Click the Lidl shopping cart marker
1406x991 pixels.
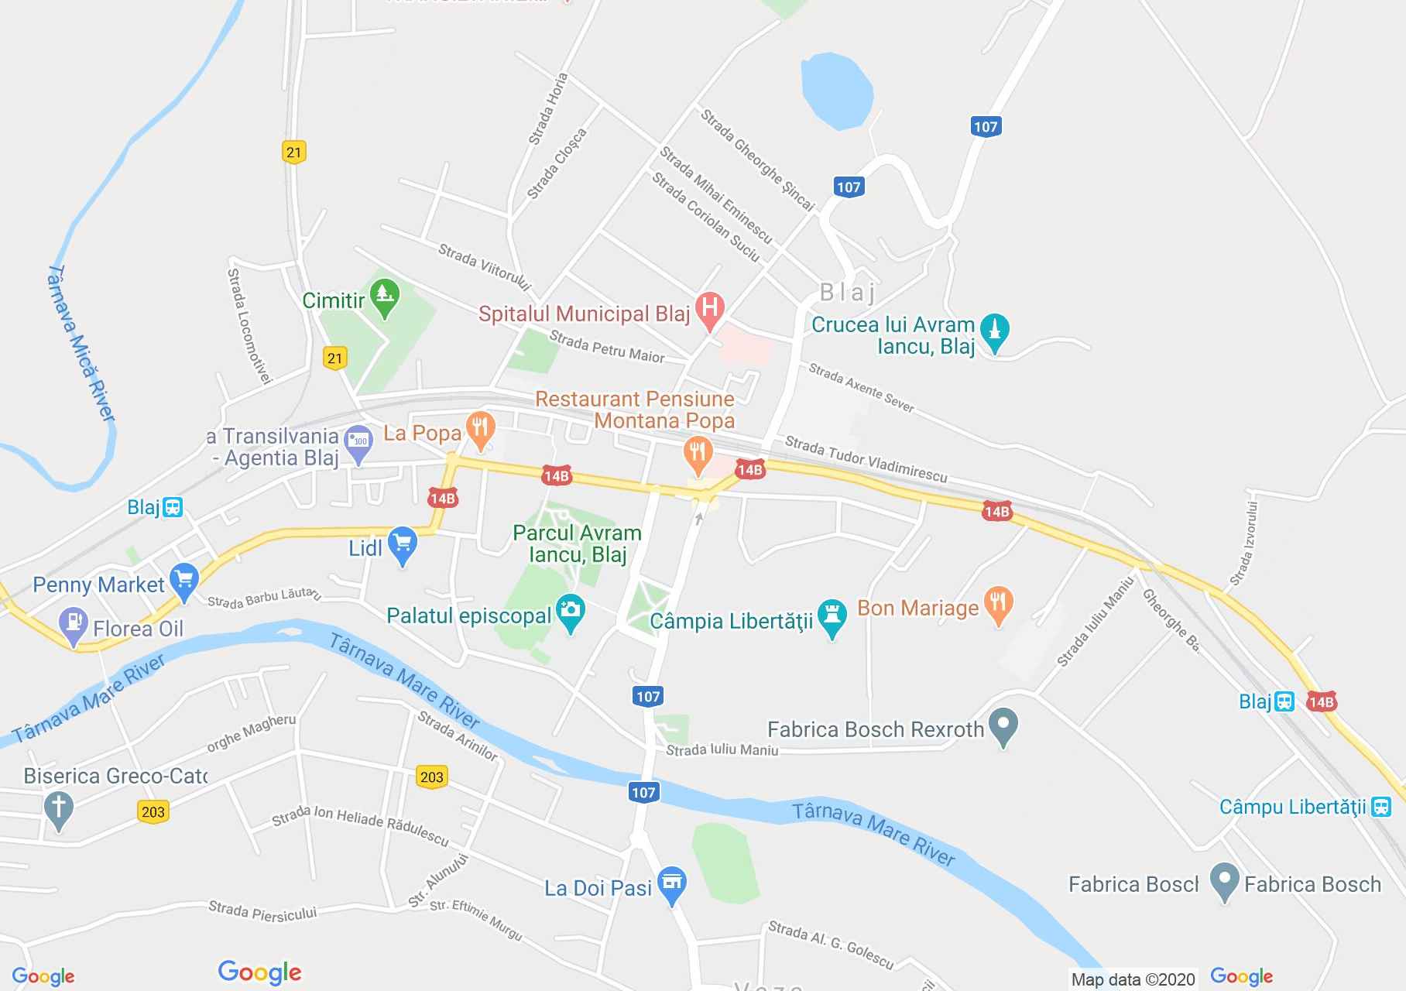coord(402,545)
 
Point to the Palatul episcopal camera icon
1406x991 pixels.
coord(571,612)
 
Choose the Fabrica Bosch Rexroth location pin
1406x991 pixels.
coord(1003,727)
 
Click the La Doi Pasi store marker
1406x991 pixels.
coord(671,884)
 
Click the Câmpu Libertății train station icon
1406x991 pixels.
coord(1380,807)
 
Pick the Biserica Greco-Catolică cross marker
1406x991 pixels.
coord(59,809)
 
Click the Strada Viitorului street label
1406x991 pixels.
coord(484,267)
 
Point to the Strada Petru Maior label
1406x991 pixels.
coord(607,347)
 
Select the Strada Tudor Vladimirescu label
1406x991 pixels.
coord(866,458)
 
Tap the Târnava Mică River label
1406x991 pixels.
coord(82,345)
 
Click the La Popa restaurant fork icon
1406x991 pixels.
coord(481,430)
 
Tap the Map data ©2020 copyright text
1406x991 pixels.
coord(1133,979)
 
